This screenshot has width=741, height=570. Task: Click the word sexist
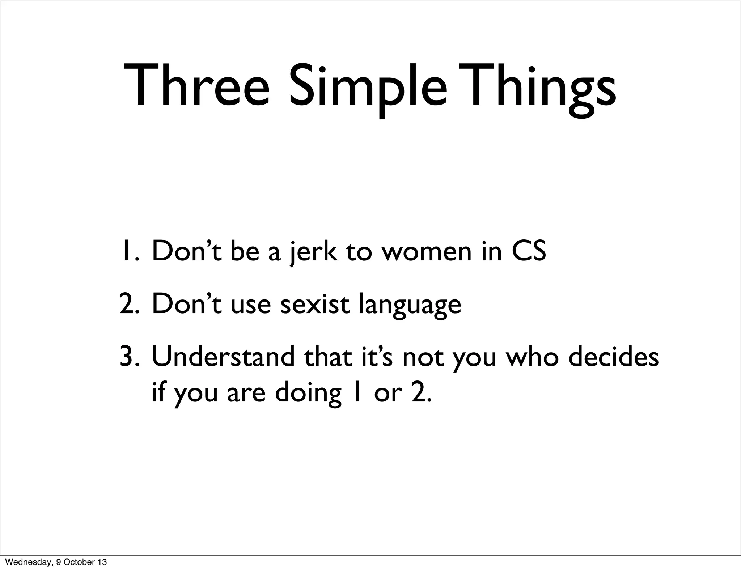pos(315,305)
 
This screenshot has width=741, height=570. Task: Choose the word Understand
pos(223,357)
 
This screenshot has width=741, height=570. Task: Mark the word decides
pos(613,357)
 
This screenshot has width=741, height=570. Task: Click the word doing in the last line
pos(308,394)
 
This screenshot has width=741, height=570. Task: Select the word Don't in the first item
pos(186,252)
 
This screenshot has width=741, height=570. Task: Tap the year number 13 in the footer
pos(102,562)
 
